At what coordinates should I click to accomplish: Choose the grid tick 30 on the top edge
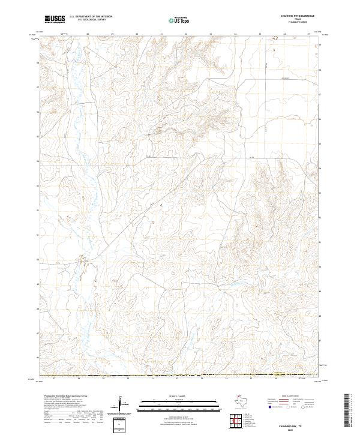coord(137,35)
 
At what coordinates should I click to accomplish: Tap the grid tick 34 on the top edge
coord(235,35)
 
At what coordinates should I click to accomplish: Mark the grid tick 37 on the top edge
coord(308,35)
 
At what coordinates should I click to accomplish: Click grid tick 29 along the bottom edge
coord(104,379)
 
